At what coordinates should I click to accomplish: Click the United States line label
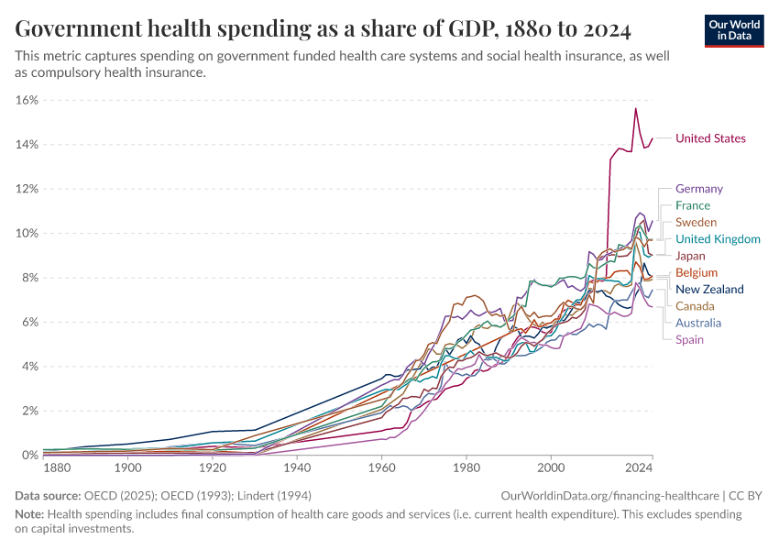(710, 138)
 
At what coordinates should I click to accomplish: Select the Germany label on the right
(698, 189)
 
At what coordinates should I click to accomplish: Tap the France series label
(692, 205)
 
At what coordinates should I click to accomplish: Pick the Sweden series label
(696, 222)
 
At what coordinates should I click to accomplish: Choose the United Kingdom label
(718, 239)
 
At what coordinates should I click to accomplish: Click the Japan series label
(690, 256)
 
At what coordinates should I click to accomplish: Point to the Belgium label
(696, 272)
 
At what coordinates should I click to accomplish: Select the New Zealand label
(709, 290)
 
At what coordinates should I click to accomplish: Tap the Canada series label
(695, 306)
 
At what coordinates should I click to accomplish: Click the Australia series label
(697, 323)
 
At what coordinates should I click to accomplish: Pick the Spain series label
(689, 339)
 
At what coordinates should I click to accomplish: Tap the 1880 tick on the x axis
(57, 468)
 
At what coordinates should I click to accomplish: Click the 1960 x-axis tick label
(381, 468)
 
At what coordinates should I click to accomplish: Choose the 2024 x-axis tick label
(639, 468)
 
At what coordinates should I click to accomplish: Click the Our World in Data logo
(734, 30)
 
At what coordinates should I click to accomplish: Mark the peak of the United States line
(635, 109)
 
